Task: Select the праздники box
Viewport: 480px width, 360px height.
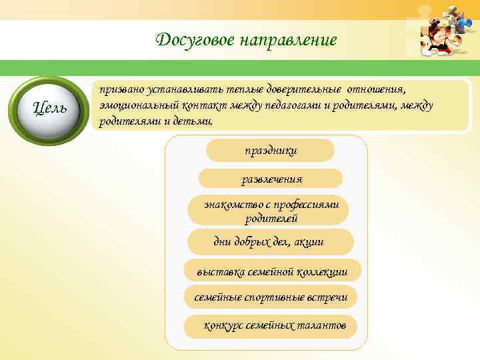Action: [270, 151]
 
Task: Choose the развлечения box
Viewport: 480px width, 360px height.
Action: [271, 179]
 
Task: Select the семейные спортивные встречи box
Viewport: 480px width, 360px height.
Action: [271, 297]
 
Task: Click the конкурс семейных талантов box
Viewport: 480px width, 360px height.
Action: [271, 325]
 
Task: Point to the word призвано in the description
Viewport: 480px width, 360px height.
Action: [120, 89]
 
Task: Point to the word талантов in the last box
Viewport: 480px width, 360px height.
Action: [323, 325]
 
